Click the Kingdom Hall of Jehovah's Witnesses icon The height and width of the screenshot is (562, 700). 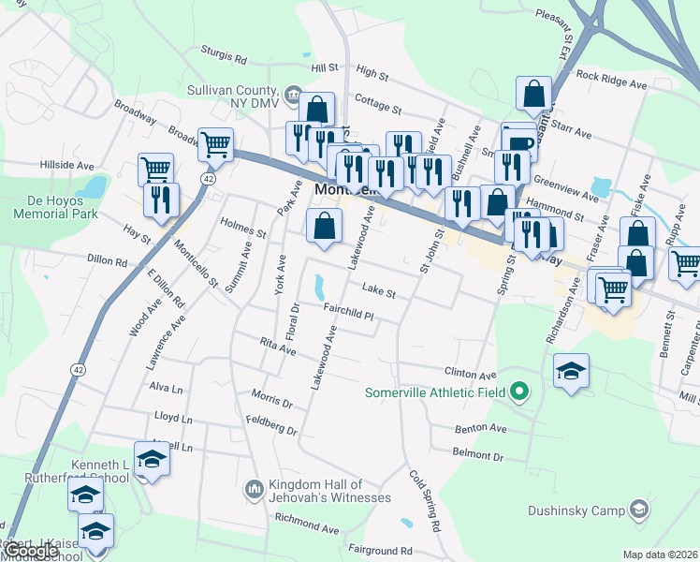coord(254,490)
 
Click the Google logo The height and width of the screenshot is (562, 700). coord(30,552)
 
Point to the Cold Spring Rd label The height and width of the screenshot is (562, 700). coord(425,501)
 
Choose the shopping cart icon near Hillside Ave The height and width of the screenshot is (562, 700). coord(155,169)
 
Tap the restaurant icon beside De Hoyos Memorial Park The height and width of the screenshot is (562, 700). coord(159,200)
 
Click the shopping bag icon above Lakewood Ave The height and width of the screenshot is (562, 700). coord(324,225)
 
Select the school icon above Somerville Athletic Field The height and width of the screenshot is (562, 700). coord(571,371)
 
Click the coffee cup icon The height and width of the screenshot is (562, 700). coord(519,140)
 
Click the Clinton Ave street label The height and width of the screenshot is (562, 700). coord(470,373)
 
